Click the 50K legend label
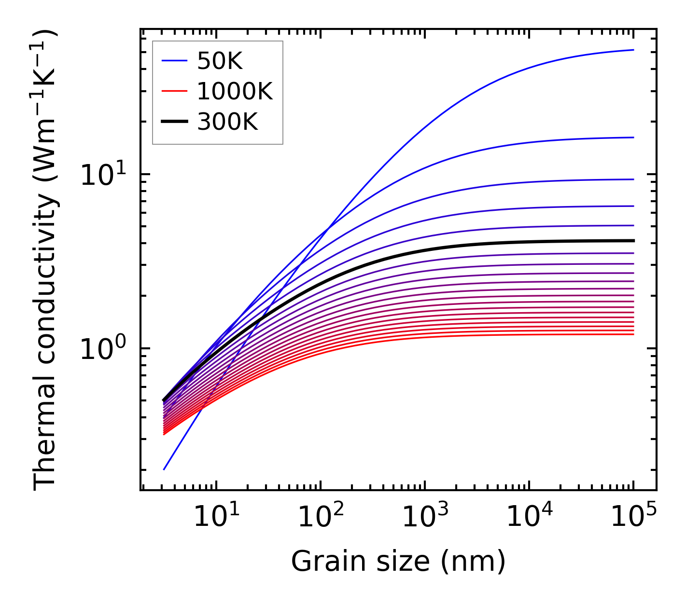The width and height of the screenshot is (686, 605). tap(220, 61)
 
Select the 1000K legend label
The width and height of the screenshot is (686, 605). tap(235, 91)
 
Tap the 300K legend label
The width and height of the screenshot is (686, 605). tap(227, 122)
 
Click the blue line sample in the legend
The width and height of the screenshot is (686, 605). tap(174, 61)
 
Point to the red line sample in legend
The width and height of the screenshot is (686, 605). tap(174, 91)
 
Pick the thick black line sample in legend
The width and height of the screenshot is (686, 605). tap(174, 122)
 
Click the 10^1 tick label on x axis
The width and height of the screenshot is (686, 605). tap(216, 516)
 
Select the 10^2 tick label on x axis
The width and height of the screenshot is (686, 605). tap(321, 516)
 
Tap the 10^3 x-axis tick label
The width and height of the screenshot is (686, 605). tap(425, 516)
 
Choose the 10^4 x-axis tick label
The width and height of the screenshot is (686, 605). tap(529, 516)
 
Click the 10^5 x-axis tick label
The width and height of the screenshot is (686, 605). tap(633, 516)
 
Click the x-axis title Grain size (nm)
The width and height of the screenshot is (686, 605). tap(398, 562)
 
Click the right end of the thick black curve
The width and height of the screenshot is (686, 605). tap(633, 240)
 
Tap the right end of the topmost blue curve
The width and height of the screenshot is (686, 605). tap(633, 50)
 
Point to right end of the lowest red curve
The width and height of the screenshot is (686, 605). tap(633, 334)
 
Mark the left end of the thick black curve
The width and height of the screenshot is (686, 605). tap(164, 400)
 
